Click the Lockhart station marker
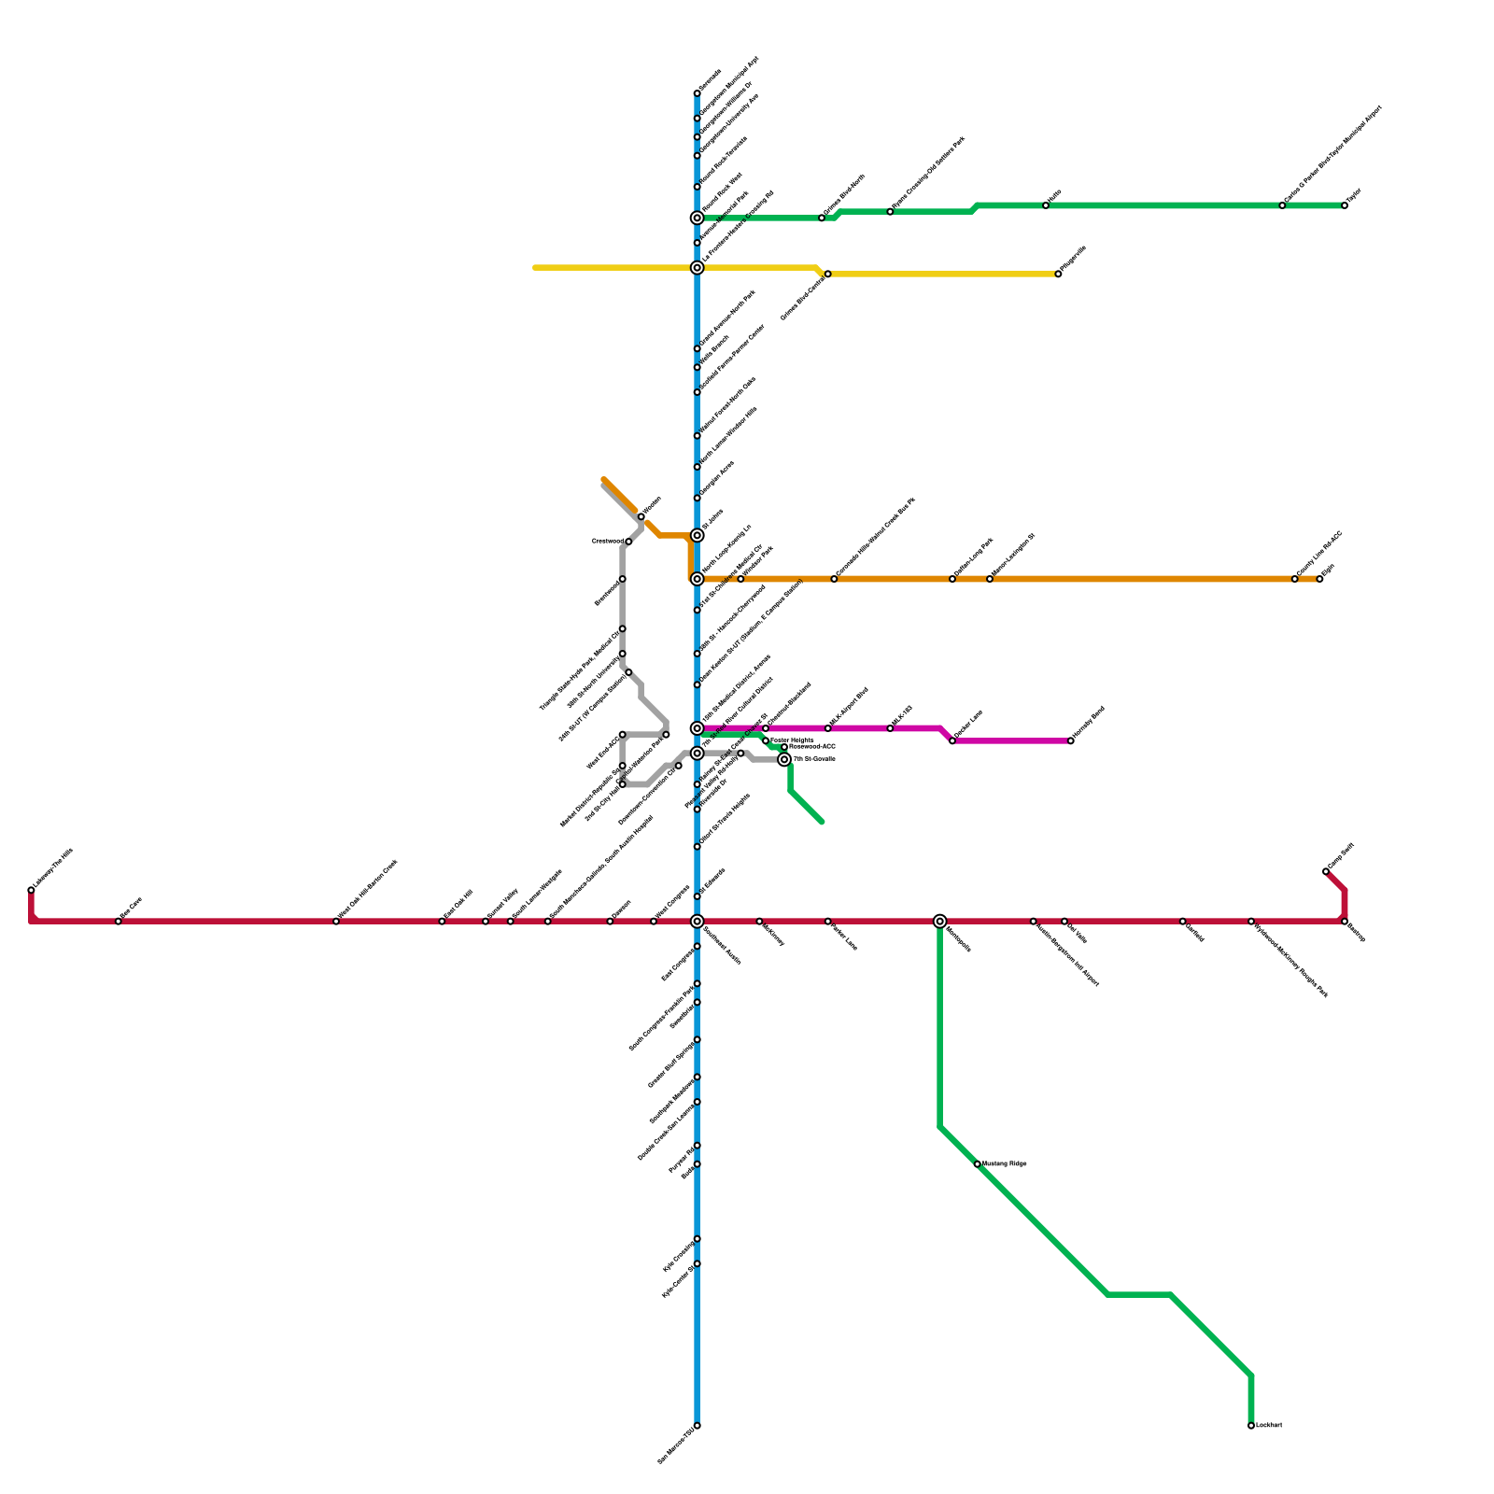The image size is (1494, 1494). tap(1251, 1426)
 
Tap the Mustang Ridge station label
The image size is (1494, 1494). tap(1005, 1163)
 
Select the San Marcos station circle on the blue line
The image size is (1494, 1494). tap(697, 1426)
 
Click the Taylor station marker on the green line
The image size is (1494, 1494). tap(1345, 205)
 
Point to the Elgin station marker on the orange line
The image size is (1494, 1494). tap(1319, 579)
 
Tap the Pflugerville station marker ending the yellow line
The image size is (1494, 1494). tap(1058, 275)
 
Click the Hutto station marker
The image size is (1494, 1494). tap(1046, 205)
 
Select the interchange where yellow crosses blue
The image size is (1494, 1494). tap(697, 268)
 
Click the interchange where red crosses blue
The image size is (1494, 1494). tap(697, 922)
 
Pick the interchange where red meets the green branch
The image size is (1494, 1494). tap(939, 922)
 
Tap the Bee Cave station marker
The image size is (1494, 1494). tap(118, 922)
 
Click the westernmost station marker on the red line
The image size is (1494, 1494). tap(31, 890)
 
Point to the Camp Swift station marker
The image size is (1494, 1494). tap(1326, 871)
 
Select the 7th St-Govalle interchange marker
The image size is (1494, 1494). tap(784, 759)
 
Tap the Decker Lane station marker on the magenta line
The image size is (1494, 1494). tap(952, 740)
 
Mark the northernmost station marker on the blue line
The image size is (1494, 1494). tap(697, 93)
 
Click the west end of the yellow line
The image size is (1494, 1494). tap(535, 268)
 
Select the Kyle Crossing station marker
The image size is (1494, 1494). tap(697, 1239)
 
